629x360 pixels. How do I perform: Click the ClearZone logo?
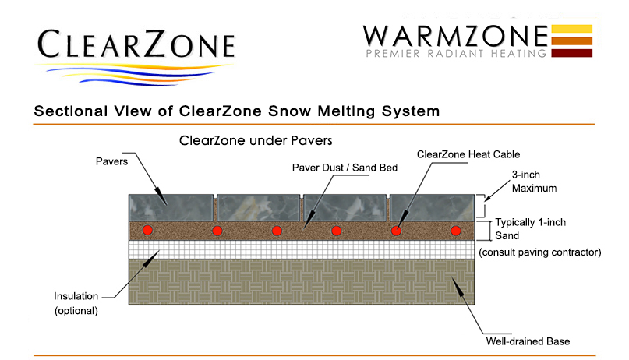pos(136,56)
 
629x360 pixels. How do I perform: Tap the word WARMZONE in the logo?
pos(455,36)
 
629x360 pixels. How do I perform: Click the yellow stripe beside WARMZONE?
pos(571,29)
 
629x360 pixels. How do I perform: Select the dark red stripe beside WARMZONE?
pos(571,53)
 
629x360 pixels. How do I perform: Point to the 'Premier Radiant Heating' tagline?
pos(457,53)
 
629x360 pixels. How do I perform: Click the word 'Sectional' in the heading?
pos(71,111)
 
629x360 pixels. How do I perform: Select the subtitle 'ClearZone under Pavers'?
pos(256,141)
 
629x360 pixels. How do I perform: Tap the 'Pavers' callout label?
pos(111,161)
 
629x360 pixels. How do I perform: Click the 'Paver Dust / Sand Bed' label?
pos(345,168)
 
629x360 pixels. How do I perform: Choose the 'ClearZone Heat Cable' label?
pos(468,154)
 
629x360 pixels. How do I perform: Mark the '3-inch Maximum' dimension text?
pos(534,182)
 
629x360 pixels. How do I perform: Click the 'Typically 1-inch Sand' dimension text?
pos(530,229)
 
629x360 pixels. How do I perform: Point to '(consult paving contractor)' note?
pos(540,252)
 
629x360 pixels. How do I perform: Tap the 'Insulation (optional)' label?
pos(76,303)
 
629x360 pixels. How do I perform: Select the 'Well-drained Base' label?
pos(528,341)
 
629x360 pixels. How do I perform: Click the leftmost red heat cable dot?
pos(147,230)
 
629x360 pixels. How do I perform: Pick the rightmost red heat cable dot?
pos(455,231)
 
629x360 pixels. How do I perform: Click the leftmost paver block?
pos(171,207)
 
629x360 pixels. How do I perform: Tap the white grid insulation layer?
pos(302,250)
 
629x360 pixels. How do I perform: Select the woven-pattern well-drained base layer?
pos(302,282)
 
